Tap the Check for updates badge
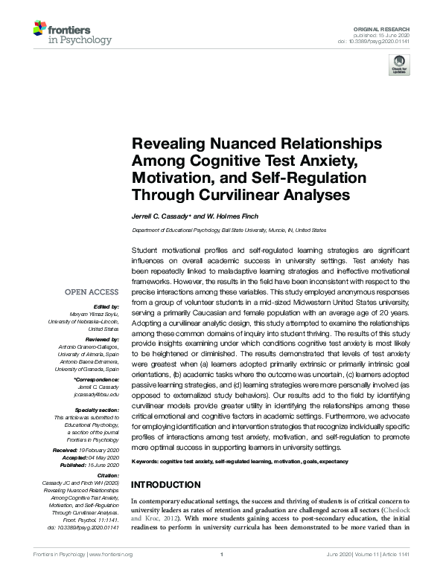click(x=399, y=65)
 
